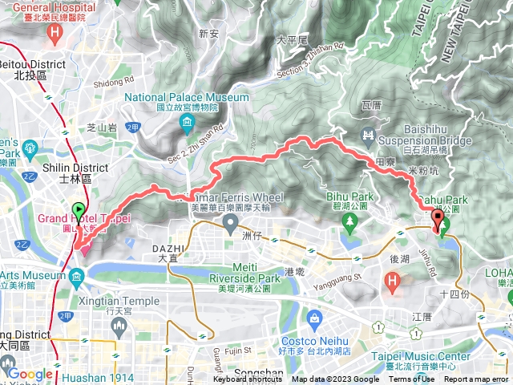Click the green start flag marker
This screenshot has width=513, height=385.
pyautogui.click(x=79, y=211)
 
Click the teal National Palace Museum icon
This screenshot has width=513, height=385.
pyautogui.click(x=187, y=124)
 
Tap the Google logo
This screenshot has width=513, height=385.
pyautogui.click(x=30, y=373)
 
